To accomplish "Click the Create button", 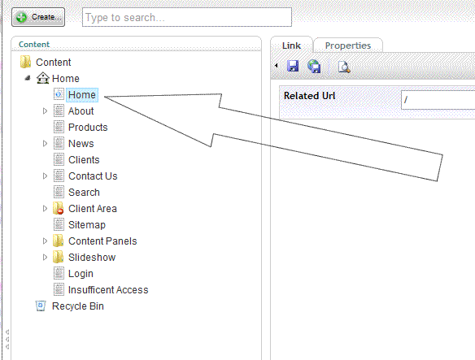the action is tap(38, 17).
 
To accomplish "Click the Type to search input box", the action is tap(187, 17).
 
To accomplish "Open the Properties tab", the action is tap(348, 46).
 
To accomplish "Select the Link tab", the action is tap(291, 46).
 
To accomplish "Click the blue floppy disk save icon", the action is tap(293, 66).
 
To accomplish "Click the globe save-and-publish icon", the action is tap(314, 66).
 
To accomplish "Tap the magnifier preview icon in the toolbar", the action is tap(344, 67).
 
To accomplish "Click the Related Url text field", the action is tap(438, 100).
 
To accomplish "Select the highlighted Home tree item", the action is tap(82, 95).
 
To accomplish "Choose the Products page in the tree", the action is tap(88, 127).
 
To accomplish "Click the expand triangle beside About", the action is tap(45, 111).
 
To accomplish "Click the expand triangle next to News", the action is tap(45, 144).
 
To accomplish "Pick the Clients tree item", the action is tap(84, 160).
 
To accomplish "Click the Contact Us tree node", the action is tap(93, 176).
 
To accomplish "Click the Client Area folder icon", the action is tap(59, 208).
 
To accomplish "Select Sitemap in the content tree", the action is tap(87, 225).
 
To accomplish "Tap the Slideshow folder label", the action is tap(92, 258).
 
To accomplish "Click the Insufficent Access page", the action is tap(108, 290).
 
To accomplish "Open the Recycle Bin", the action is tap(78, 306).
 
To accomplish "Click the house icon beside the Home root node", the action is tap(43, 78).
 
